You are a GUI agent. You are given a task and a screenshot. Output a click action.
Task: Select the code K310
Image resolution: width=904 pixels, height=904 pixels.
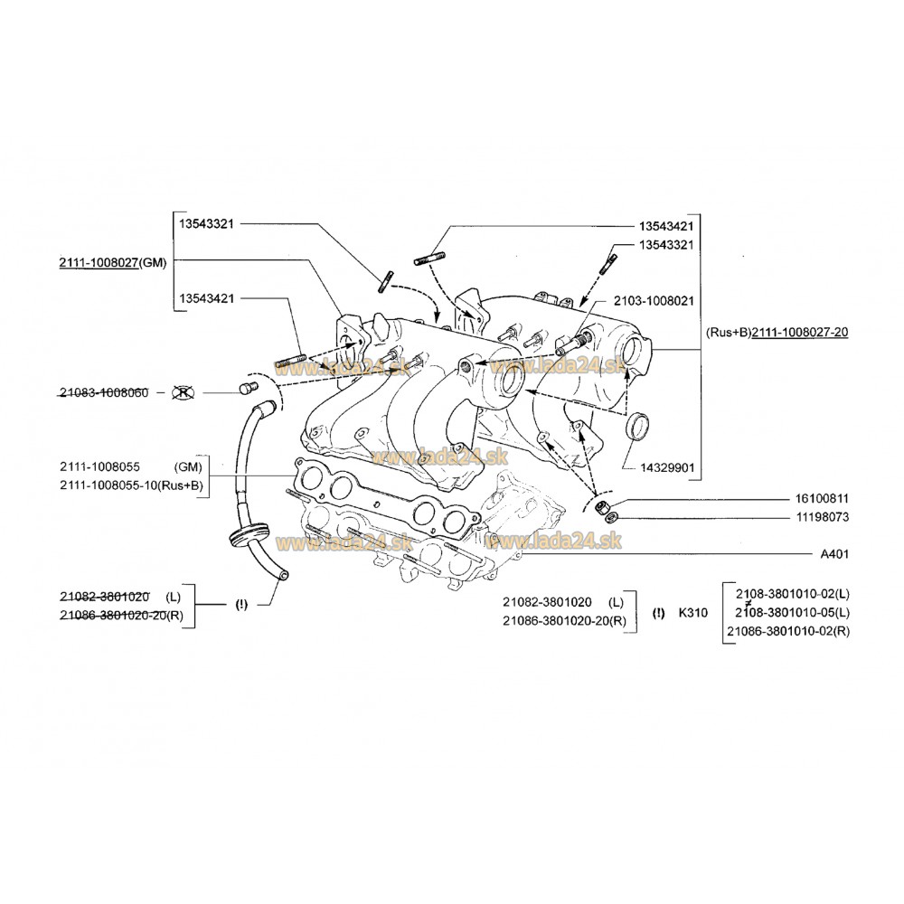tap(692, 612)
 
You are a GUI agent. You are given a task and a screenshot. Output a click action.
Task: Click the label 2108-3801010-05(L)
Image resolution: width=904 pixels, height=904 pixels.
tap(792, 612)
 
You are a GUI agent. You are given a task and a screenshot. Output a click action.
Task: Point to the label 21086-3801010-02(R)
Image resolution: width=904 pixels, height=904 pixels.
tap(787, 630)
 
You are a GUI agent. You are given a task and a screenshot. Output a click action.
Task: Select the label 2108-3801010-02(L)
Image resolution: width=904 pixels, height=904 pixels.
tap(792, 593)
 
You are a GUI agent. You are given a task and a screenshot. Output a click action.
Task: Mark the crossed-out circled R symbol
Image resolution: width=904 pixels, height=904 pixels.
tap(184, 392)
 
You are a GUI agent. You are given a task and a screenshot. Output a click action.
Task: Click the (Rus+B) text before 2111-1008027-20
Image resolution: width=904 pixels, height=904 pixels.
tap(728, 333)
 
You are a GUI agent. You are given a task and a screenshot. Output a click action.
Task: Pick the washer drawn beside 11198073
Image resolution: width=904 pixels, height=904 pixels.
tap(612, 517)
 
